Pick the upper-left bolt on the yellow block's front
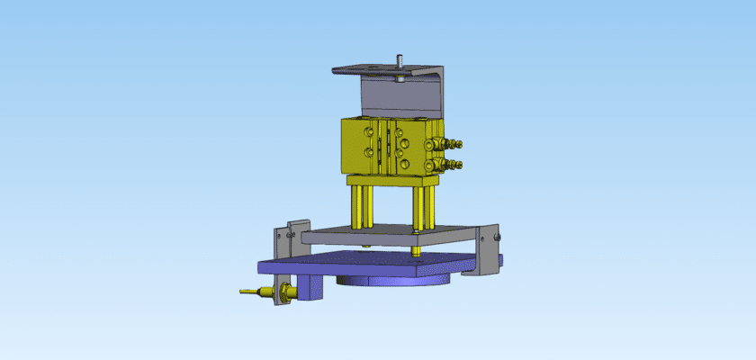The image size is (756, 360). (369, 132)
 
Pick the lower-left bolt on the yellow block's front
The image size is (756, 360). (369, 152)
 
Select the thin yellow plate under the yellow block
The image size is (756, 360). (391, 179)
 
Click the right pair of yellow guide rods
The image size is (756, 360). (420, 207)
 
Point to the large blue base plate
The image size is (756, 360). (360, 266)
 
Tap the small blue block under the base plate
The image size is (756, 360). (310, 286)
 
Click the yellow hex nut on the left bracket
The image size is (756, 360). (284, 292)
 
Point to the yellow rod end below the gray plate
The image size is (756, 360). (417, 251)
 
